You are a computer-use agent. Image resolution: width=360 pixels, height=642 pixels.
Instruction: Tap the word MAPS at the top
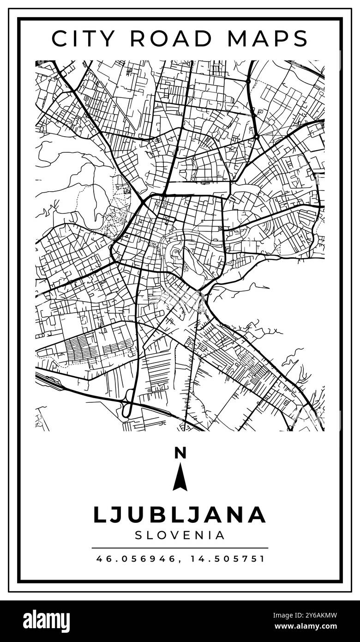pos(268,39)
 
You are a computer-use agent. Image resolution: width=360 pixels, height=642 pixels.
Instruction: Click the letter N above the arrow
pos(180,453)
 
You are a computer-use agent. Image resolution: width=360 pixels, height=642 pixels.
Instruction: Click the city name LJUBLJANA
pos(180,515)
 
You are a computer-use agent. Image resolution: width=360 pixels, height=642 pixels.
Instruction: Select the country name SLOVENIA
pos(180,535)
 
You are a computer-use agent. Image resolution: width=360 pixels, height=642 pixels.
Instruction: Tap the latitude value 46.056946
pos(136,558)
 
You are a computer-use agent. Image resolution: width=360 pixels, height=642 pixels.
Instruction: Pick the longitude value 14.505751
pos(227,558)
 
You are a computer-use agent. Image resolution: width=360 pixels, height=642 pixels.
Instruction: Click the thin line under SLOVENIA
pos(180,548)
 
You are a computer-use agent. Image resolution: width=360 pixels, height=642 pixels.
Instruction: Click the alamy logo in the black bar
pos(46,621)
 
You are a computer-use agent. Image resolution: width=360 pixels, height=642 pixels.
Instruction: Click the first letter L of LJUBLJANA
pos(99,515)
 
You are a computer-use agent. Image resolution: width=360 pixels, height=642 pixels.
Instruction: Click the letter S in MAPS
pos(300,39)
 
